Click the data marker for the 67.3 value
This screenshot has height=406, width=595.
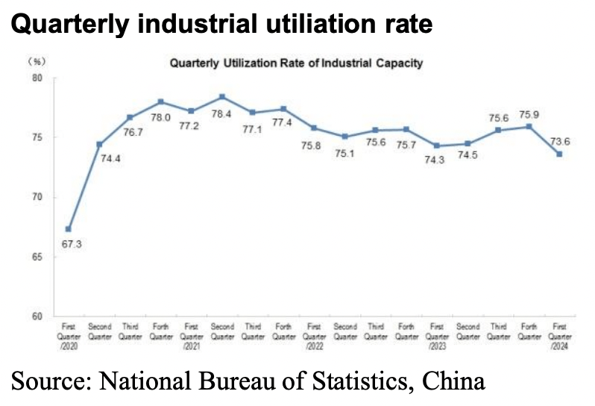click(x=69, y=229)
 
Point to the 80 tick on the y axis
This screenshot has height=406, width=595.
click(x=38, y=78)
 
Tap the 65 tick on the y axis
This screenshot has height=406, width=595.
click(x=38, y=257)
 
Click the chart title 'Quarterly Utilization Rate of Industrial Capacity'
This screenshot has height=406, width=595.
click(x=296, y=63)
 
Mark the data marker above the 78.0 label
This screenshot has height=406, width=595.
click(x=161, y=101)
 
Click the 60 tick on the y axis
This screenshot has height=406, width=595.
click(x=38, y=316)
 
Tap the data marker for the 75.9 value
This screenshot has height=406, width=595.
click(x=529, y=126)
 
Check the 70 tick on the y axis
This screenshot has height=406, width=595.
click(x=38, y=198)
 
